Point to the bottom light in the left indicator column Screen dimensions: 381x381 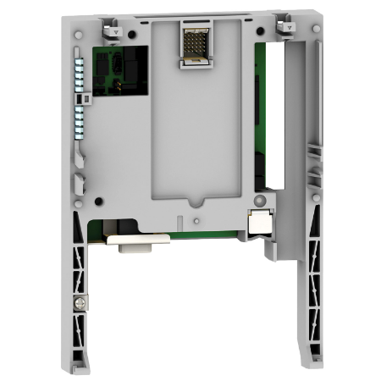click(80, 136)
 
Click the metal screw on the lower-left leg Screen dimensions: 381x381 click(81, 299)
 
